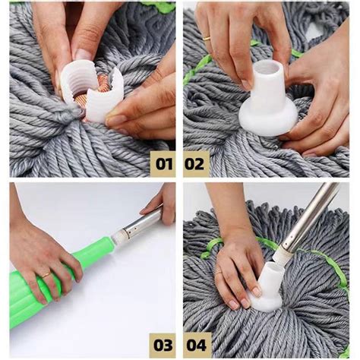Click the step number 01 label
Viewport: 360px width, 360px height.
(163, 163)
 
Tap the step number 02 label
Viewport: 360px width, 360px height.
(196, 163)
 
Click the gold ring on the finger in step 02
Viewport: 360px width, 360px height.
(206, 37)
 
